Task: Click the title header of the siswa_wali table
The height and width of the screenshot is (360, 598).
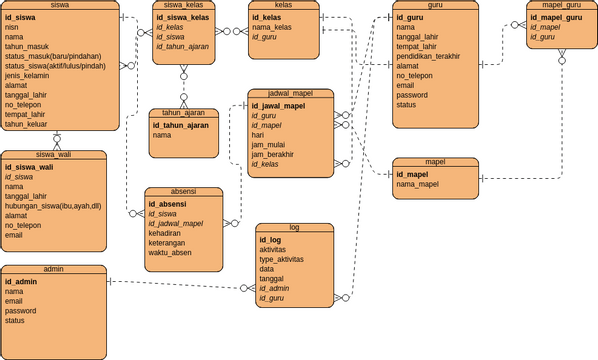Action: tap(53, 155)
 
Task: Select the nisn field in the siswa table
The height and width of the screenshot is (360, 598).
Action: tap(14, 29)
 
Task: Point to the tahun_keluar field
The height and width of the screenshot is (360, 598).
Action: tap(27, 125)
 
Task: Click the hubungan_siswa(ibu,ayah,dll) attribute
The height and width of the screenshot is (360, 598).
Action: tap(53, 206)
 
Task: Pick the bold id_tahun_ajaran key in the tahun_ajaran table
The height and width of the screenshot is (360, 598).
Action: tap(180, 125)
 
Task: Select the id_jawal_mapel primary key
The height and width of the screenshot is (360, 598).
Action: tap(278, 105)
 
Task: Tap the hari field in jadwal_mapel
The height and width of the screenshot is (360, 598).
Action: tap(258, 134)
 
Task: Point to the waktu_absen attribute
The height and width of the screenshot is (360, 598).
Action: tap(170, 252)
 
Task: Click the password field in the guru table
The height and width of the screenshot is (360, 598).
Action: tap(413, 95)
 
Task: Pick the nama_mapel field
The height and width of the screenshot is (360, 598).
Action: tap(417, 184)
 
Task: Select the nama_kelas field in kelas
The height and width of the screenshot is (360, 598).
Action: tap(271, 27)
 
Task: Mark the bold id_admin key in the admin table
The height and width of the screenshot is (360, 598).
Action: tap(21, 282)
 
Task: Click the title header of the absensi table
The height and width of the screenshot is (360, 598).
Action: tap(183, 192)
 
